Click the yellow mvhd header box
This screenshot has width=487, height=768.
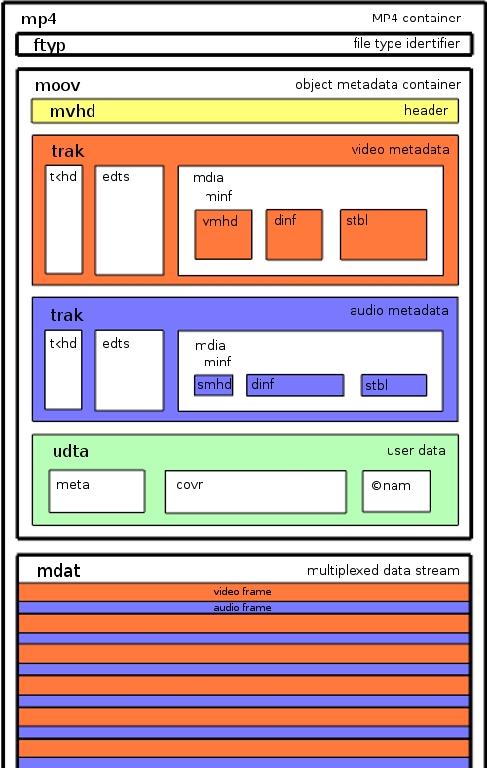(244, 111)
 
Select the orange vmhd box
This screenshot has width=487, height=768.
(223, 235)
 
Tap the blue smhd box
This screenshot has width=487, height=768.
(213, 385)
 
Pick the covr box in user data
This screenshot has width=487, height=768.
(255, 492)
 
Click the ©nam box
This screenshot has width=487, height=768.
(396, 491)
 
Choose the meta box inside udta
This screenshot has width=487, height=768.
(96, 491)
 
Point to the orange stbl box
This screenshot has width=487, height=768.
(383, 235)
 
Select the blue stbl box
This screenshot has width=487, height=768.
(393, 385)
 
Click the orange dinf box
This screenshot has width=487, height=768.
(294, 235)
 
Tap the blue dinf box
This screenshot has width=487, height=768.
(295, 385)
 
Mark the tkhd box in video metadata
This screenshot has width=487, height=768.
(63, 219)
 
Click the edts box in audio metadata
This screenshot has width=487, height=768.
(130, 370)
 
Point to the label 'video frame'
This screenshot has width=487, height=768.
(243, 592)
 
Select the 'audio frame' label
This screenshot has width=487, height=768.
(243, 608)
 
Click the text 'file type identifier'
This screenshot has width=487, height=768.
(406, 44)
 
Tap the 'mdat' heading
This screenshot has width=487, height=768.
(58, 570)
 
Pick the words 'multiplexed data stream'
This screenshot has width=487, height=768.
(383, 570)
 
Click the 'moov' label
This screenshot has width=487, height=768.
(57, 85)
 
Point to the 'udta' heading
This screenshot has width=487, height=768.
(70, 451)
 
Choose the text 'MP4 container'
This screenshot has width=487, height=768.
(416, 19)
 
